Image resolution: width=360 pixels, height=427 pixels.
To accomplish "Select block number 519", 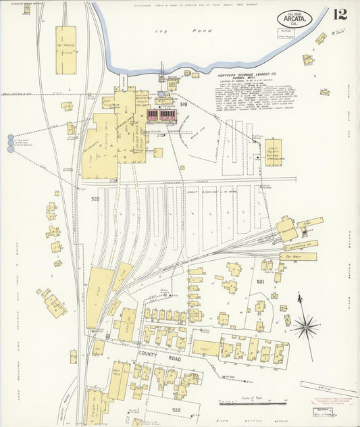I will coord(183,105).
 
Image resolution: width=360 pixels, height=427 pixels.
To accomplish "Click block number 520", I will coord(95,199).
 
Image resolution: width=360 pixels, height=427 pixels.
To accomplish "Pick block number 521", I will coord(259,281).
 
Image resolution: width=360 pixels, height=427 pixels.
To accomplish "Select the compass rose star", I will coord(305,328).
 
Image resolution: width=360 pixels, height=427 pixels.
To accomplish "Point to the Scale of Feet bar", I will coord(253,403).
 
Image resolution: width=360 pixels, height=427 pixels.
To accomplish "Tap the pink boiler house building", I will coord(162,116).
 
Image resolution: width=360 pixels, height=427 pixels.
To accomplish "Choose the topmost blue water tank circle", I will coord(10,137).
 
